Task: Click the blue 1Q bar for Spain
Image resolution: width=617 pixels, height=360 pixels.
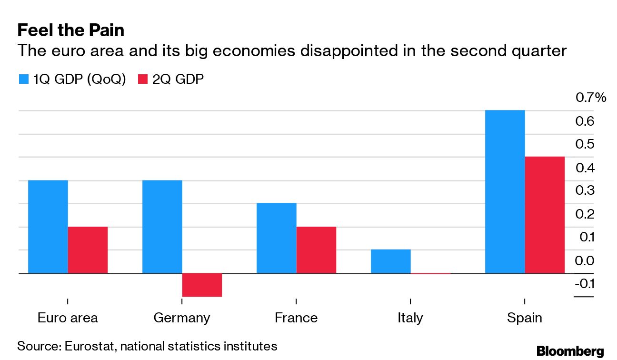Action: pyautogui.click(x=505, y=191)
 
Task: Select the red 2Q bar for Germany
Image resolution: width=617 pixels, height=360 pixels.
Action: pyautogui.click(x=202, y=285)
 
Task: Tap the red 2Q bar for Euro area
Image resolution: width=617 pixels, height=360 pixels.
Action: pyautogui.click(x=88, y=250)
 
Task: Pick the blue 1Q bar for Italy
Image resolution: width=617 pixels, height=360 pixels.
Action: pyautogui.click(x=390, y=261)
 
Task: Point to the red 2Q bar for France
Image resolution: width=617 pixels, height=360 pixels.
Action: pyautogui.click(x=316, y=250)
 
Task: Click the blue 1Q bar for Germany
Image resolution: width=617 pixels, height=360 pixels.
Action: pyautogui.click(x=162, y=227)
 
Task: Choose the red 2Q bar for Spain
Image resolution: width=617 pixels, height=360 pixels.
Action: pyautogui.click(x=545, y=215)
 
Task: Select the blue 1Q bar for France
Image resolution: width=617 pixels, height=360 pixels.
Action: pyautogui.click(x=276, y=238)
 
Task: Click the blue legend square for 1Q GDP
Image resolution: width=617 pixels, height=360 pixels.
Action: pyautogui.click(x=24, y=79)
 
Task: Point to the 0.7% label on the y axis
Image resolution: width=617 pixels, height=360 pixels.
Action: pyautogui.click(x=591, y=98)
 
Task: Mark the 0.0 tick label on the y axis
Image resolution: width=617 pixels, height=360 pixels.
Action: pyautogui.click(x=585, y=261)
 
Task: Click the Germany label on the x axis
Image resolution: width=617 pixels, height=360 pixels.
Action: pyautogui.click(x=181, y=318)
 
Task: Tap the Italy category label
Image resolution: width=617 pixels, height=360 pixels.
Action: pyautogui.click(x=410, y=318)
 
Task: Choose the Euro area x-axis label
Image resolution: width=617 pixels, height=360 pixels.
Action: pyautogui.click(x=68, y=318)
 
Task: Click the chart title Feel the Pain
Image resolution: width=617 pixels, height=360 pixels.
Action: pyautogui.click(x=70, y=30)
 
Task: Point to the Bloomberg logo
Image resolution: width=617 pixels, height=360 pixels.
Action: pyautogui.click(x=570, y=351)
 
